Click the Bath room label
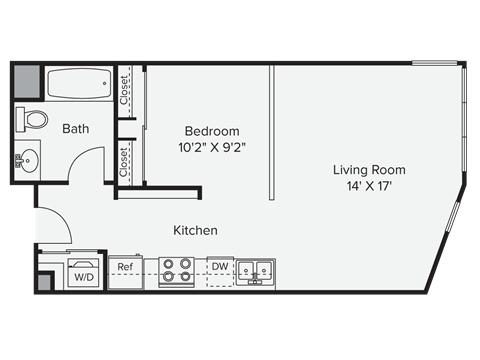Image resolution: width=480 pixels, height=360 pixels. pos(75,129)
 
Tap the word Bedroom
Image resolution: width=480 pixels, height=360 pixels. pos(211,132)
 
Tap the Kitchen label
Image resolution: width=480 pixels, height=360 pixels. pos(195,230)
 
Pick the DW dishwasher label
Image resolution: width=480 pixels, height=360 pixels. pos(219,266)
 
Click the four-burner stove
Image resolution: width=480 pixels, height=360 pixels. pos(176,271)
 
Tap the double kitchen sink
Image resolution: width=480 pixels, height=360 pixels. pos(255,269)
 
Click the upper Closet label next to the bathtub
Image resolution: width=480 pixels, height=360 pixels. pos(124,92)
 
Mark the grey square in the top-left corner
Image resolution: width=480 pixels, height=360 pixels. pos(27,81)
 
